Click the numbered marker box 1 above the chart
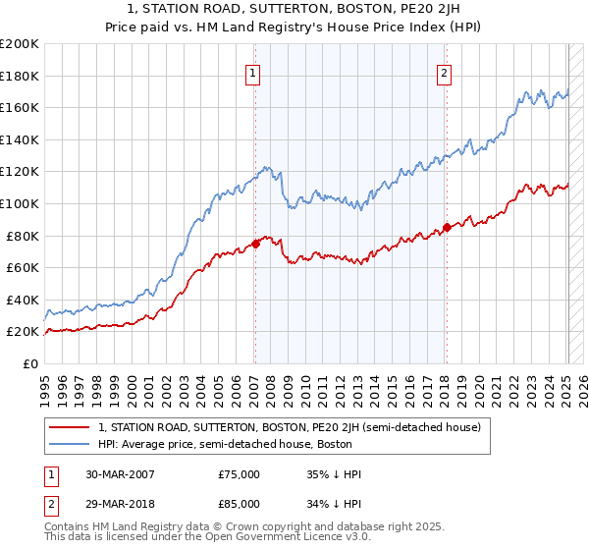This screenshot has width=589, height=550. [x=253, y=73]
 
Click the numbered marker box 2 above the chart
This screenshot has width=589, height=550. [x=445, y=73]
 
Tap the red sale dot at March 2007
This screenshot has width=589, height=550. [x=255, y=244]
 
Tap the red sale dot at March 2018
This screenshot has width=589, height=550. [x=447, y=227]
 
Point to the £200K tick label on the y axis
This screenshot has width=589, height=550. [x=20, y=44]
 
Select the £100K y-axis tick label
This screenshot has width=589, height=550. [x=20, y=203]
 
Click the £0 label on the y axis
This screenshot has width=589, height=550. [x=29, y=363]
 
